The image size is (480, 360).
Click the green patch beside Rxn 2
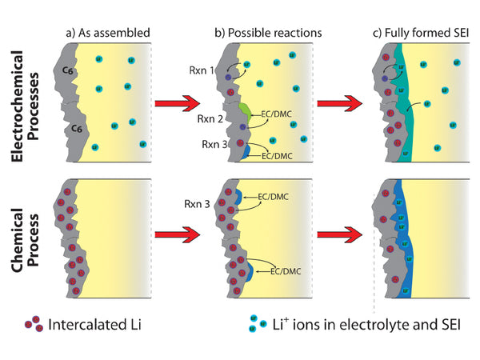tap(245, 112)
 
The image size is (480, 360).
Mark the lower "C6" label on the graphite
tap(78, 126)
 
